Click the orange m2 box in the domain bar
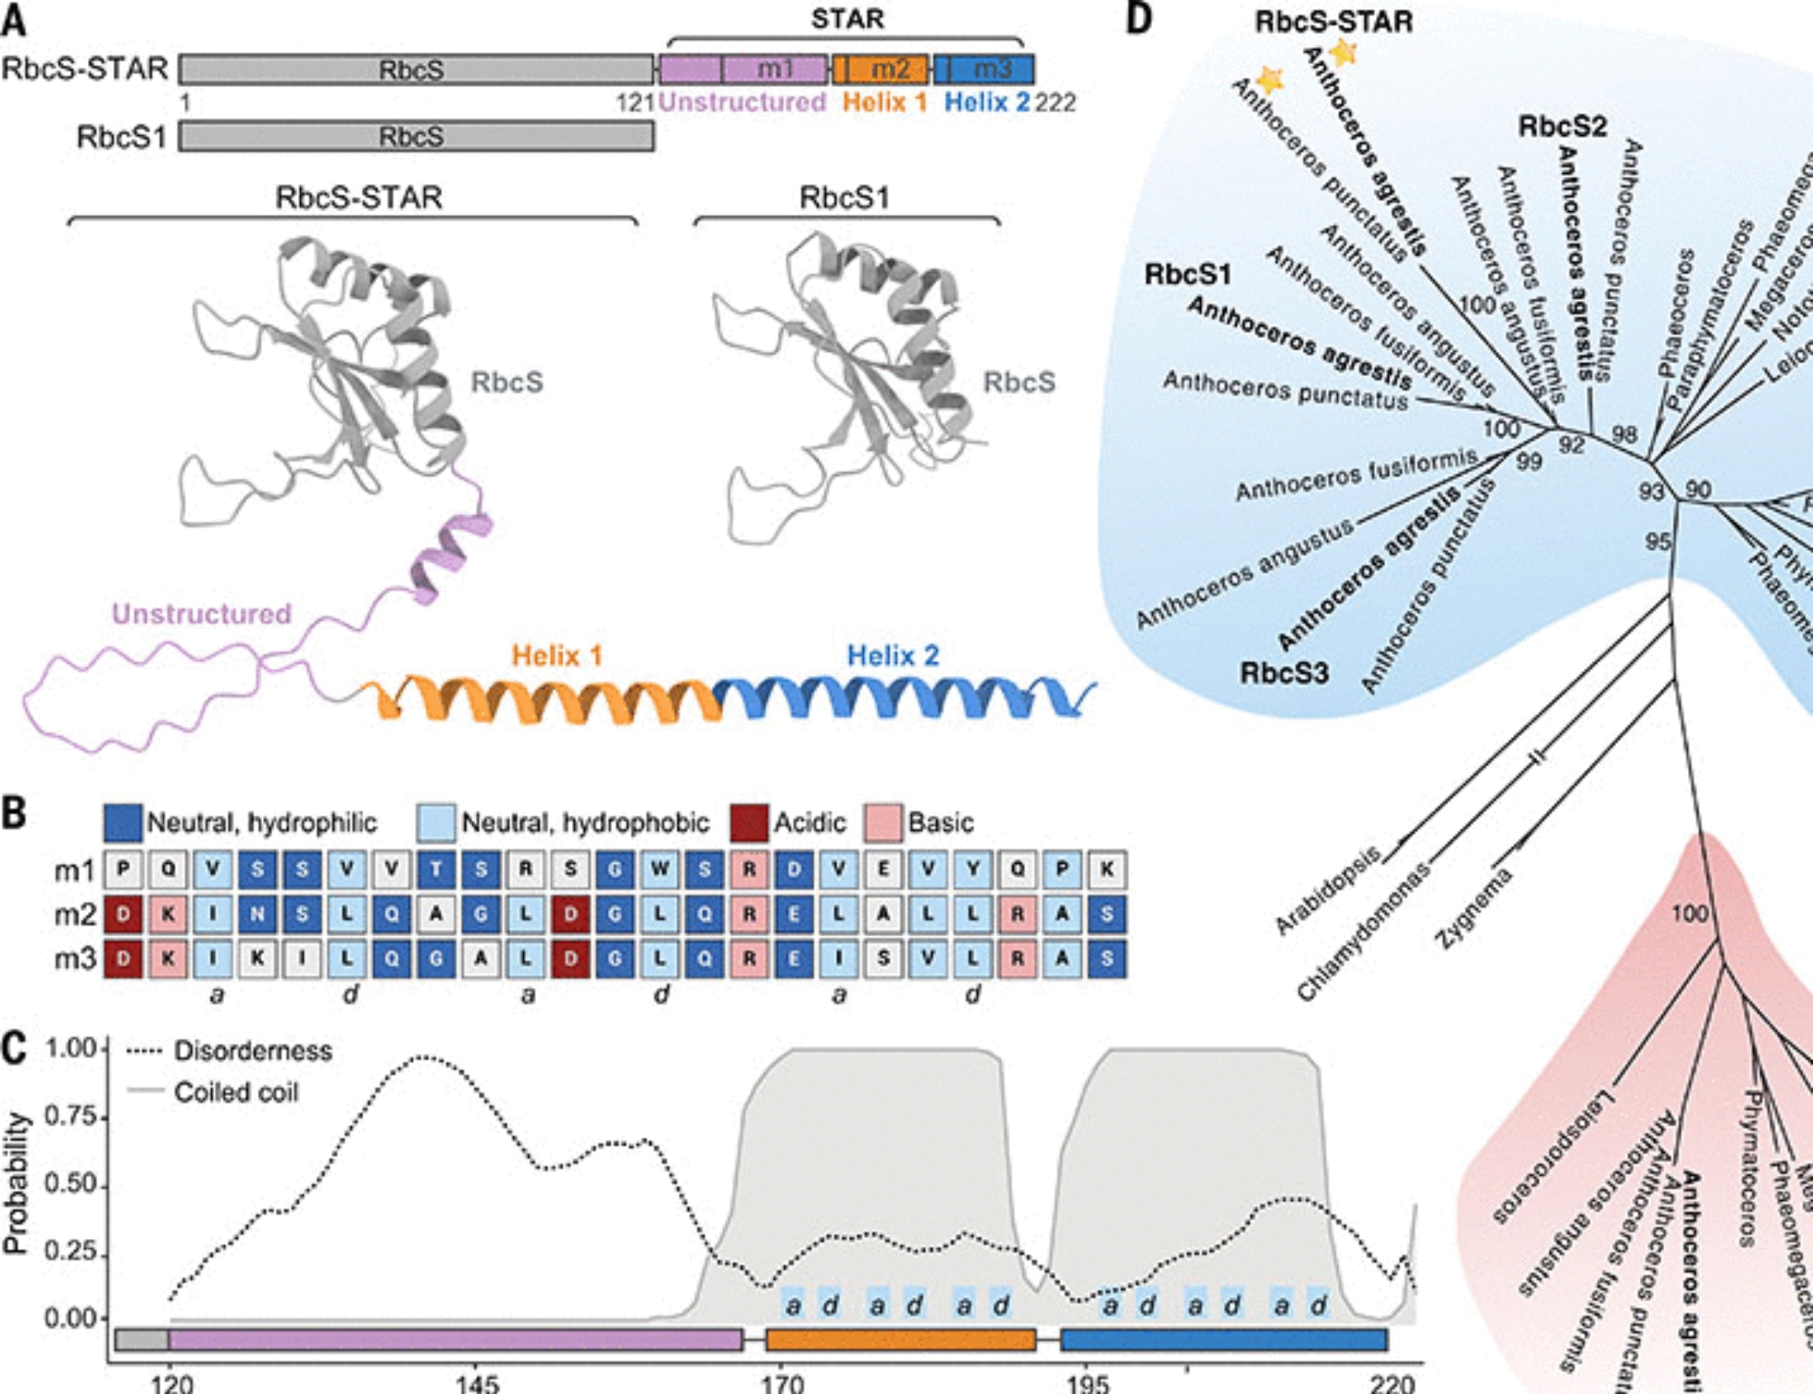point(881,69)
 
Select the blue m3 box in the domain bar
point(984,69)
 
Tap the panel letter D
point(1139,18)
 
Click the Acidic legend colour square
point(750,822)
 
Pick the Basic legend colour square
point(883,822)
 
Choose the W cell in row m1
point(660,869)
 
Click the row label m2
point(74,915)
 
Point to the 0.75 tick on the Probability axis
point(71,1116)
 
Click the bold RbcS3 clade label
point(1284,673)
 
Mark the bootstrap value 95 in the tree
point(1658,542)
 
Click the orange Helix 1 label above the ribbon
point(557,655)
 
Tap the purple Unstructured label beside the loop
point(201,614)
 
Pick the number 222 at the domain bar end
point(1055,102)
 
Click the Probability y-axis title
point(15,1183)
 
